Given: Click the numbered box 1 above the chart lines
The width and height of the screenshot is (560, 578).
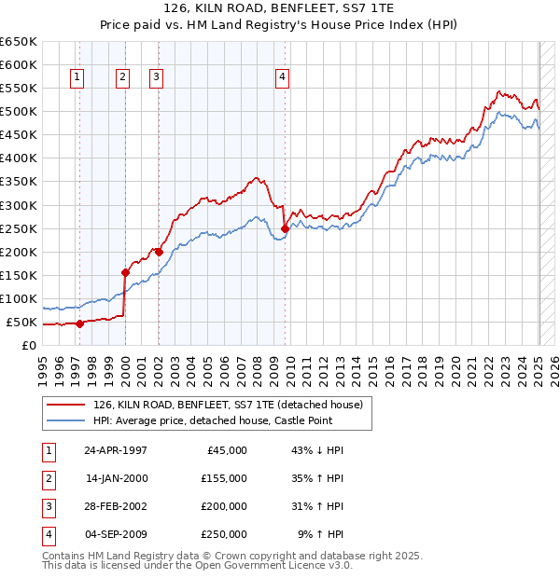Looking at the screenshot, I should [76, 78].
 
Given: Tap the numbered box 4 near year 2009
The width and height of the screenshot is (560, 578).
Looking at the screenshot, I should [281, 78].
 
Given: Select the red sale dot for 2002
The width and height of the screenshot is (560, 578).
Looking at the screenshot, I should [159, 252].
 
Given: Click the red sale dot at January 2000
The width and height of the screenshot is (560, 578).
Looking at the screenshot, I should [125, 272].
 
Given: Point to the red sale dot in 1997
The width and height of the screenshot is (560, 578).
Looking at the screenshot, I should [79, 324].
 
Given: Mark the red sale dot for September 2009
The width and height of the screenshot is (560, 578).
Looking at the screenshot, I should [285, 227].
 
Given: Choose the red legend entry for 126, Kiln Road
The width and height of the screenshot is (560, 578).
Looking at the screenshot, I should [233, 404].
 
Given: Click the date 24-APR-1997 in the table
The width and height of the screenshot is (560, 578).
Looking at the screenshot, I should [116, 450].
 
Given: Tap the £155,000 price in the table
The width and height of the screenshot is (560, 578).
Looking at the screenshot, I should [223, 478].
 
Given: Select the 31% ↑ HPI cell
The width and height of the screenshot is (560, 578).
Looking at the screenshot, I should [318, 506].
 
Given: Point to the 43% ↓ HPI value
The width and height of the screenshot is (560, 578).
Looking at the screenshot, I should [318, 450].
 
